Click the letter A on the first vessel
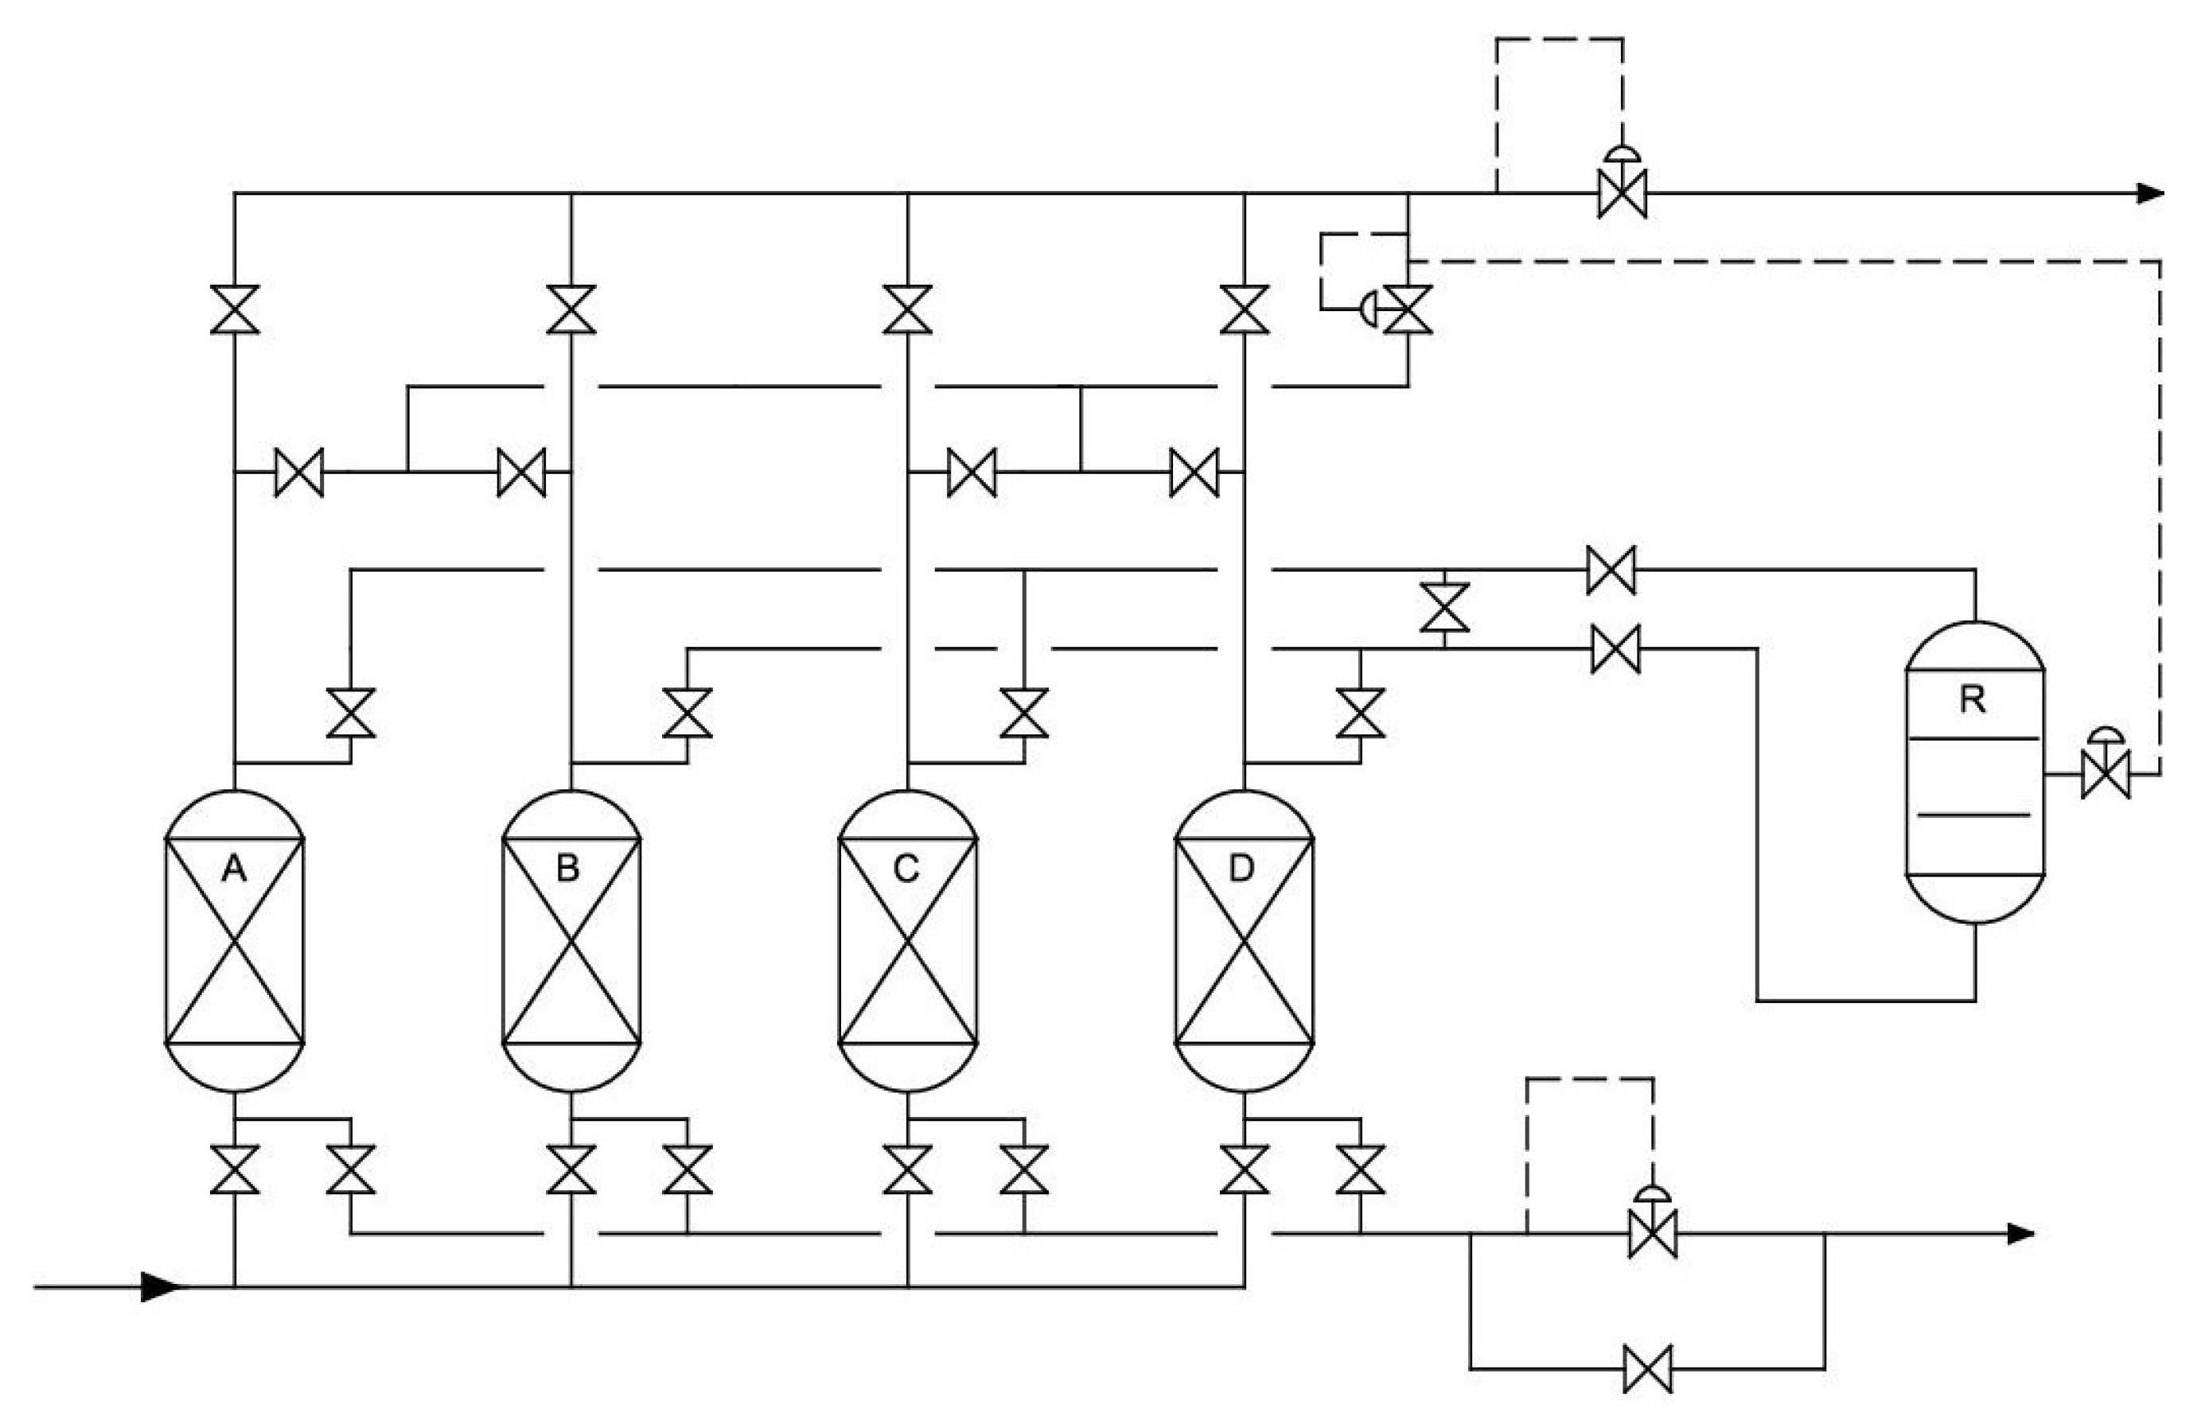(234, 869)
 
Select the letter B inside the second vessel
(568, 869)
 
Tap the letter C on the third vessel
(906, 869)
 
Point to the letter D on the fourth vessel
(1241, 869)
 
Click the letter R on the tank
(1972, 701)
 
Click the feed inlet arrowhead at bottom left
(162, 1286)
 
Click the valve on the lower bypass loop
(1647, 1367)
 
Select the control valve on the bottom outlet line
(1652, 1234)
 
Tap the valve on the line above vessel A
(234, 309)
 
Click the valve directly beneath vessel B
(571, 1169)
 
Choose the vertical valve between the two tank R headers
(1444, 608)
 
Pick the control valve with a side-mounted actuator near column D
(1408, 309)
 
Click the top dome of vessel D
(1244, 813)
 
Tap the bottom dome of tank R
(1974, 900)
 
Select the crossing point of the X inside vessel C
(907, 940)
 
